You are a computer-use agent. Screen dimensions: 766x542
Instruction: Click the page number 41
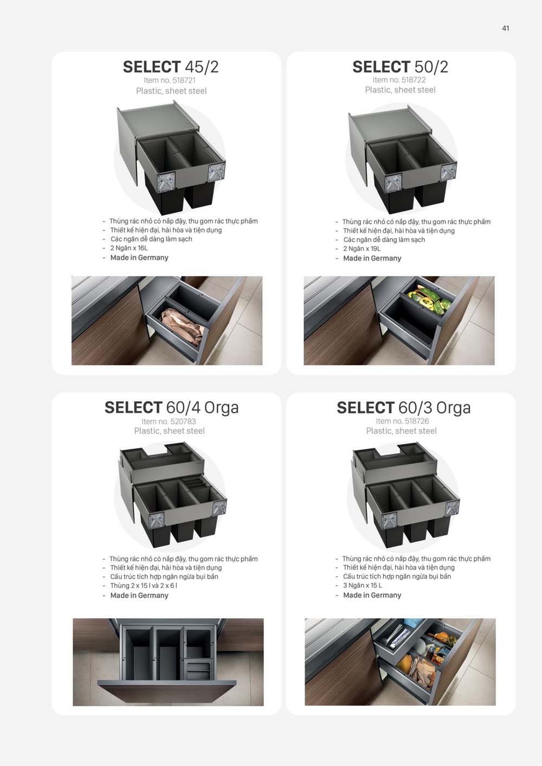pos(505,28)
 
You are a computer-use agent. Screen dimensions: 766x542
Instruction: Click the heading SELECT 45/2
pos(170,67)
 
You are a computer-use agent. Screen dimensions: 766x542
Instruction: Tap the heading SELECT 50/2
pos(400,67)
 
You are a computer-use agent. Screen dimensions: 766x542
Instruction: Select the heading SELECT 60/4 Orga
pos(171,407)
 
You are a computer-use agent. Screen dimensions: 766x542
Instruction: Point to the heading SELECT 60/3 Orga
pos(403,407)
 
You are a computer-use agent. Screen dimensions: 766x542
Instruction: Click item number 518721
pos(170,80)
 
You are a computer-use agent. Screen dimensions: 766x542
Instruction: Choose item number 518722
pos(399,80)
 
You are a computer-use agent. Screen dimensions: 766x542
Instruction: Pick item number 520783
pos(169,421)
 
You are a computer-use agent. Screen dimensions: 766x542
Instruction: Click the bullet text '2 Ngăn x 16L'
pos(129,248)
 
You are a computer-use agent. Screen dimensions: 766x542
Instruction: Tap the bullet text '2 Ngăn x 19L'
pos(362,248)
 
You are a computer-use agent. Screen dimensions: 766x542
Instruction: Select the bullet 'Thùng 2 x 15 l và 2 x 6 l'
pos(144,585)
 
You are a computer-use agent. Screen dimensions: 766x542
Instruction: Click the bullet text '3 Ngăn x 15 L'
pos(362,585)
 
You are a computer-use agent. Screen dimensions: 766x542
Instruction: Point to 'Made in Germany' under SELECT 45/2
pos(139,258)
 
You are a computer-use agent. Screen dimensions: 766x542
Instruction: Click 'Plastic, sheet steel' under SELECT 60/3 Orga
pos(401,431)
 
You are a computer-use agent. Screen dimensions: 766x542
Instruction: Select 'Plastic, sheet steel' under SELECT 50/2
pos(400,90)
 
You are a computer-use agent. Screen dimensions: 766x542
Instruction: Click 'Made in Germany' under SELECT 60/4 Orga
pos(139,595)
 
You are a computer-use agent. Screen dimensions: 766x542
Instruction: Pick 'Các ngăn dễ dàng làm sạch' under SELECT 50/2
pos(384,239)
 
